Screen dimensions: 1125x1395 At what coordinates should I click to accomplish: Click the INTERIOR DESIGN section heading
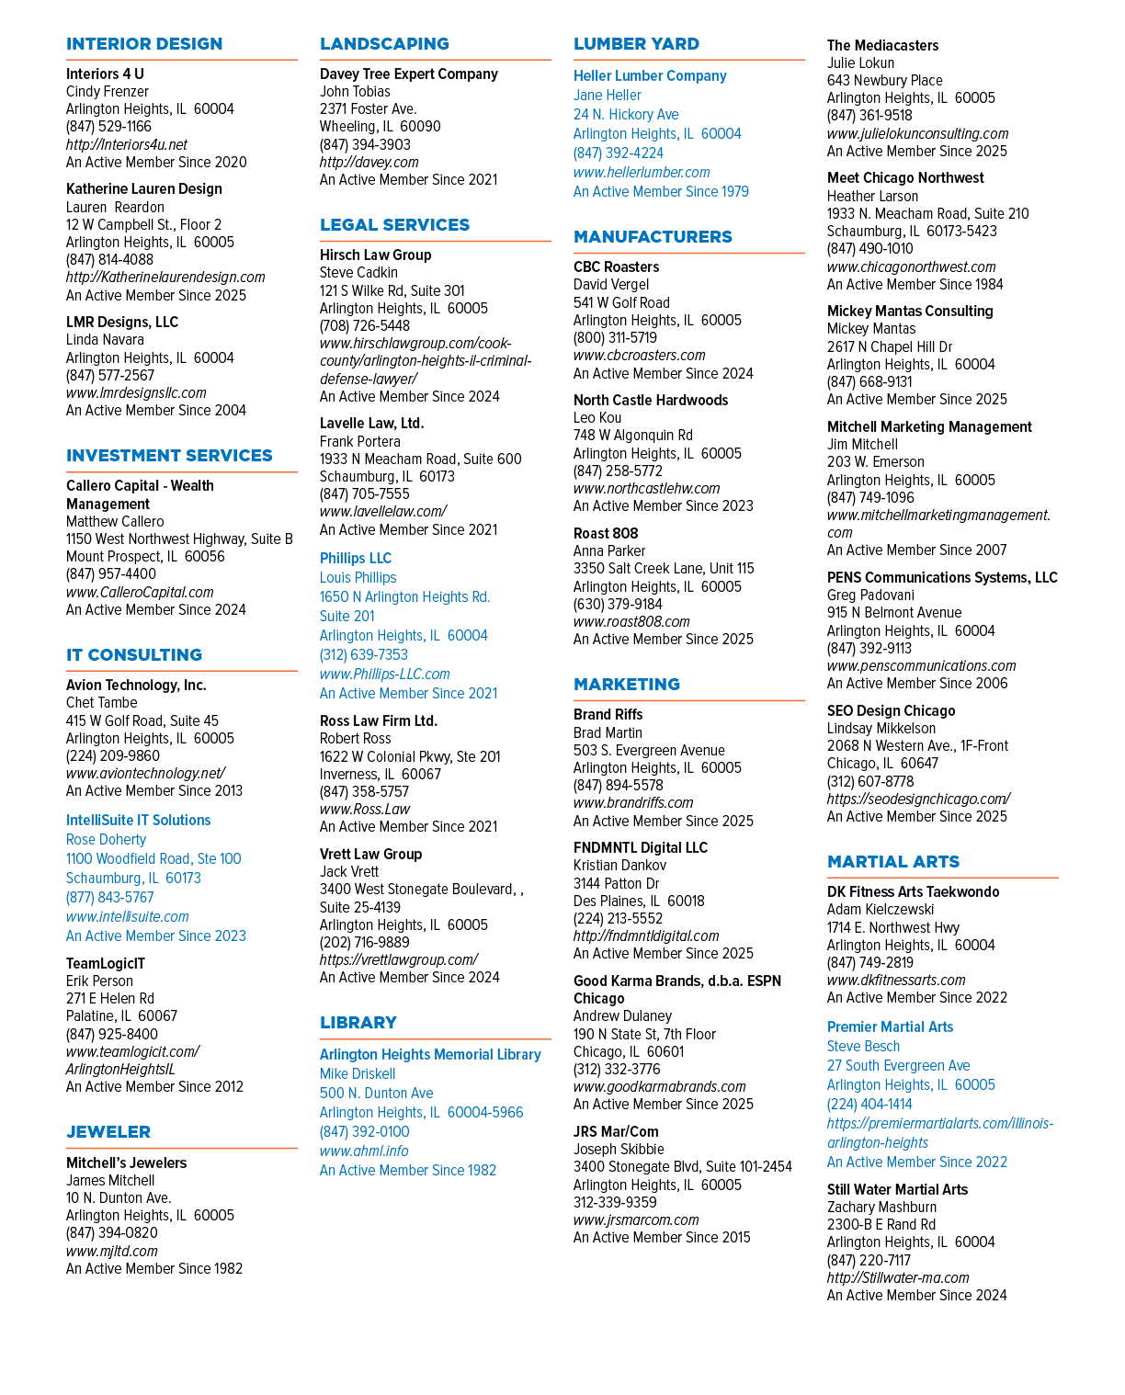click(x=144, y=44)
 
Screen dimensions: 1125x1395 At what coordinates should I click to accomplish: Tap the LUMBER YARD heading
click(x=636, y=44)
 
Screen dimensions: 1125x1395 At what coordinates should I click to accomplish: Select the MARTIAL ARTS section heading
click(x=892, y=861)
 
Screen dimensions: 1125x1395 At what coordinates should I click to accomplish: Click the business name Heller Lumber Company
click(x=650, y=76)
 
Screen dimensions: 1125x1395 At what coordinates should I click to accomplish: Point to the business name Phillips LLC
click(x=356, y=558)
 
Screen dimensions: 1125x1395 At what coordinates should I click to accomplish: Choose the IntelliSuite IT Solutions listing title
click(x=138, y=820)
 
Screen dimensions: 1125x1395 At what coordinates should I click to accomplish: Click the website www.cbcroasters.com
click(x=640, y=356)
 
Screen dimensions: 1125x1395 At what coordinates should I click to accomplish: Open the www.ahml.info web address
click(x=364, y=1151)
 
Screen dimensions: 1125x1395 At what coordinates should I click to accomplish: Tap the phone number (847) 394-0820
click(x=111, y=1233)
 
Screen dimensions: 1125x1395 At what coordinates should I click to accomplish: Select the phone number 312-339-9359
click(x=615, y=1202)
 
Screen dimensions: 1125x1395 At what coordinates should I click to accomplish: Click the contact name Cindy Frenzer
click(x=107, y=91)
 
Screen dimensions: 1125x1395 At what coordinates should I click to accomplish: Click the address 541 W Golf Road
click(x=621, y=302)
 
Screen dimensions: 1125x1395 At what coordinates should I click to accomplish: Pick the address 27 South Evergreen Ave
click(x=898, y=1066)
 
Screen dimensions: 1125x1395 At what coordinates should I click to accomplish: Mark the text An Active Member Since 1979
click(x=661, y=192)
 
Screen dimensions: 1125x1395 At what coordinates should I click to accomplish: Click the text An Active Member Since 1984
click(x=915, y=285)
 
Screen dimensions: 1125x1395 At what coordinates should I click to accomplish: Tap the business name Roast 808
click(x=606, y=534)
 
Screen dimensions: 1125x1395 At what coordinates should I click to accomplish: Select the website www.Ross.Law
click(x=364, y=809)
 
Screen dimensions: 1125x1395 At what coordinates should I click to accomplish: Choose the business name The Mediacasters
click(x=882, y=45)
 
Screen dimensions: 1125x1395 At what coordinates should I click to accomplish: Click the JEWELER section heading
click(x=108, y=1132)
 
